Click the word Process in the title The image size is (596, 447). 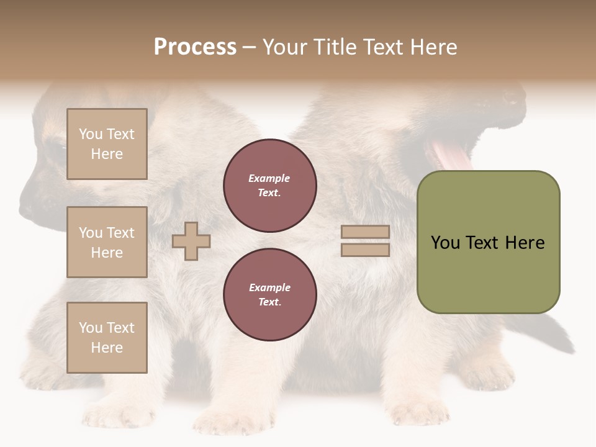[195, 47]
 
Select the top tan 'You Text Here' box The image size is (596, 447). [107, 144]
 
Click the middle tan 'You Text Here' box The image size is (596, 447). [107, 242]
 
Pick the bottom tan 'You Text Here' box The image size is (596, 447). [107, 338]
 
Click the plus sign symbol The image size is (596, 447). [191, 241]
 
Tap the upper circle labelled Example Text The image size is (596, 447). [270, 186]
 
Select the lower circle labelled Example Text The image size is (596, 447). [270, 295]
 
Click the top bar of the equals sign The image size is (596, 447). [365, 232]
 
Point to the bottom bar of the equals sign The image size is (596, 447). [365, 250]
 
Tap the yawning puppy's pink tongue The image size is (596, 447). [448, 154]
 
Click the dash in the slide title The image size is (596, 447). [250, 47]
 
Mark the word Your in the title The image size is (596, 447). [284, 47]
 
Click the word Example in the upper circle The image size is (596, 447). [269, 179]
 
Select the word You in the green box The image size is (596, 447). [445, 243]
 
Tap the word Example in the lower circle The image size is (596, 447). [269, 288]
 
